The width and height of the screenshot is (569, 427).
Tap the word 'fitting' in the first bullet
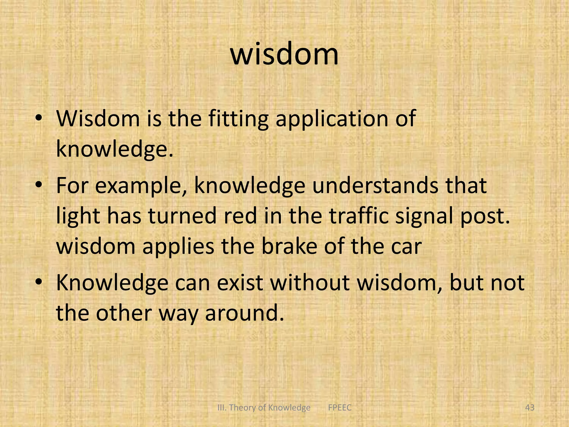coord(238,119)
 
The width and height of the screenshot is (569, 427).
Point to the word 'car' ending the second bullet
coord(406,247)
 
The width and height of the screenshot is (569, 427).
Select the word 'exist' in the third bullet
coord(240,283)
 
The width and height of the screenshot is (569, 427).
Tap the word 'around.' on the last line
coord(244,313)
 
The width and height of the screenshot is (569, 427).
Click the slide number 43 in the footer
coord(530,408)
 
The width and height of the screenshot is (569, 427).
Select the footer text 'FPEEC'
coord(340,408)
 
